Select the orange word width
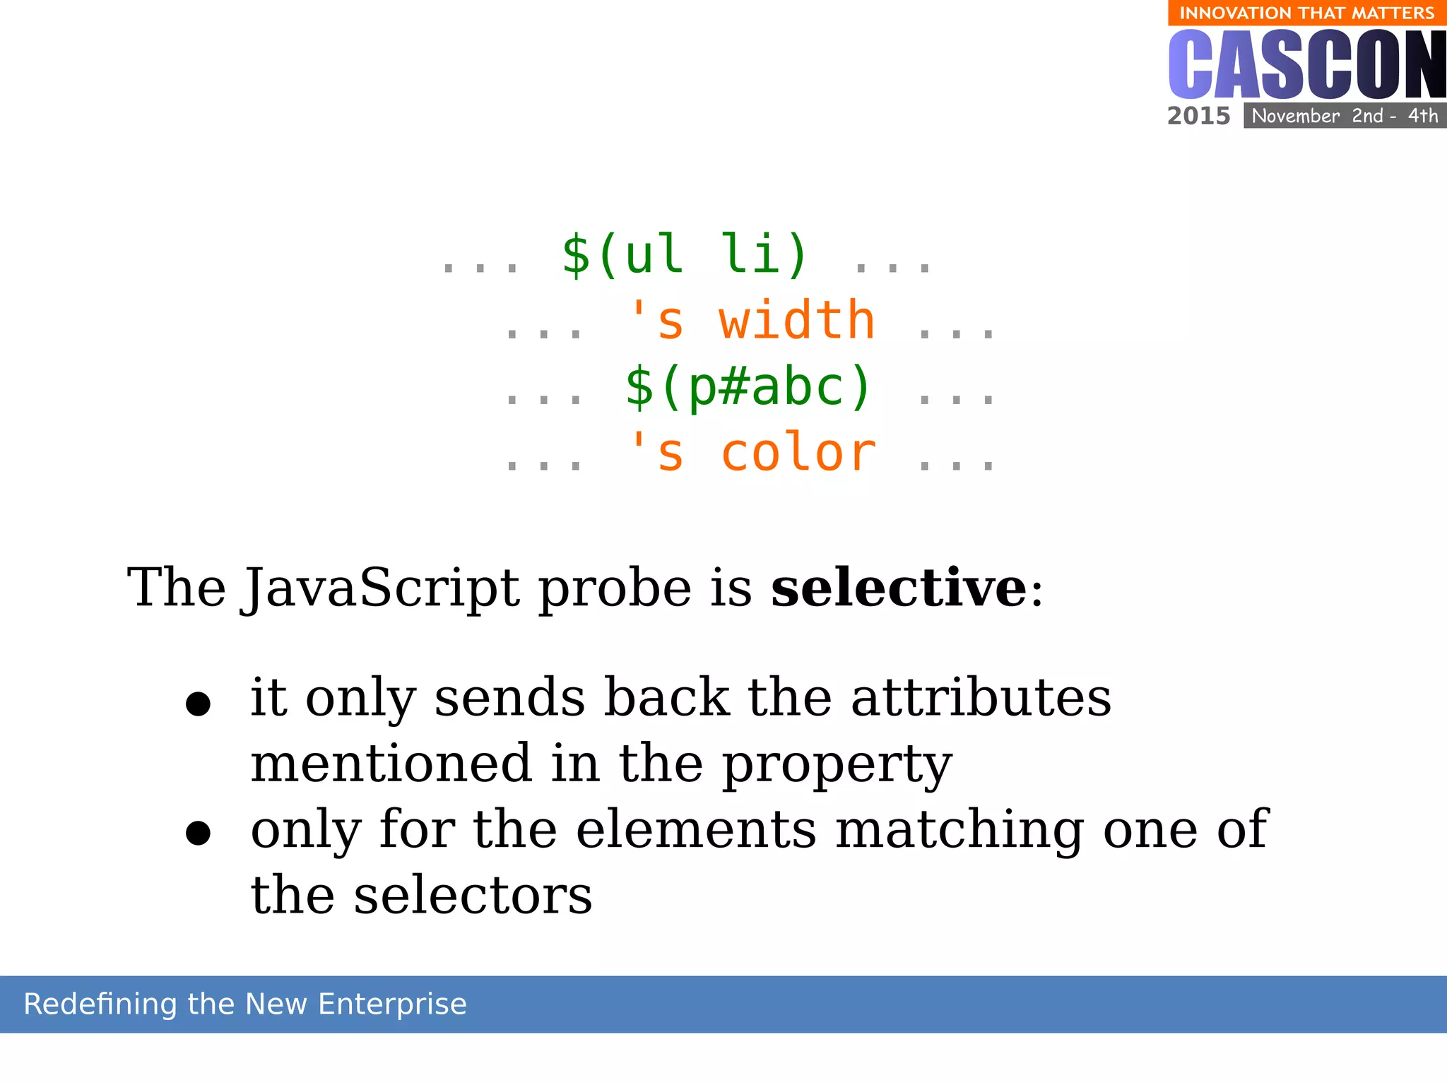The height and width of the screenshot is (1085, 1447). pos(796,321)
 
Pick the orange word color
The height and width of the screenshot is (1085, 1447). pos(798,453)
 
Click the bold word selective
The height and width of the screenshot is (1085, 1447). pos(898,588)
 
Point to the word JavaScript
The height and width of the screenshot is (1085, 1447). pos(382,589)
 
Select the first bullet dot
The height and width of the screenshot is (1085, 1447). pos(198,704)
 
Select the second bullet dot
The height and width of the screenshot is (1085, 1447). pos(198,833)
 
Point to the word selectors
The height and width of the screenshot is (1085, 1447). pos(473,896)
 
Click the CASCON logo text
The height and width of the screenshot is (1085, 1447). pos(1306,65)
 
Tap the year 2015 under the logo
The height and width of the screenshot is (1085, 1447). pos(1198,116)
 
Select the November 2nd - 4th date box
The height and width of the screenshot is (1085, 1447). pos(1345,116)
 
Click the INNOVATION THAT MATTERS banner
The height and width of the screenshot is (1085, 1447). pos(1306,13)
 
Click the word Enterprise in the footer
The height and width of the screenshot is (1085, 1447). pos(392,1004)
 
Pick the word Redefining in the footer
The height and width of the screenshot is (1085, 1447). pos(100,1004)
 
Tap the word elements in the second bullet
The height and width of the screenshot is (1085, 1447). pos(696,829)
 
